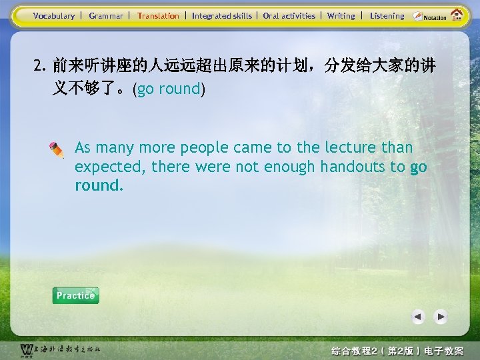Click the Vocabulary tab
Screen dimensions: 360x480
coord(54,16)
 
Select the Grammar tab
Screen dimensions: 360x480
coord(106,16)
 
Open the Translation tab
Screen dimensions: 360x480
coord(158,16)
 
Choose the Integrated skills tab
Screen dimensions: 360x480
coord(222,16)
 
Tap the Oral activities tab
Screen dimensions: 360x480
coord(289,16)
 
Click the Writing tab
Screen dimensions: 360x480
coord(341,16)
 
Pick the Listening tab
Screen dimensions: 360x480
coord(387,16)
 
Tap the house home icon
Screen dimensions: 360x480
coord(457,15)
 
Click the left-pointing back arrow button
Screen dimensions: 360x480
coord(418,317)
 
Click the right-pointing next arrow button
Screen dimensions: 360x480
coord(441,317)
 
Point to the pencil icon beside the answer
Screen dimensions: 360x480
coord(57,150)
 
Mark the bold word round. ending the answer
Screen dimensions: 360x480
coord(99,185)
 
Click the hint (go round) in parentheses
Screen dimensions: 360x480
coord(169,89)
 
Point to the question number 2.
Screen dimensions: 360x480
coord(39,66)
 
